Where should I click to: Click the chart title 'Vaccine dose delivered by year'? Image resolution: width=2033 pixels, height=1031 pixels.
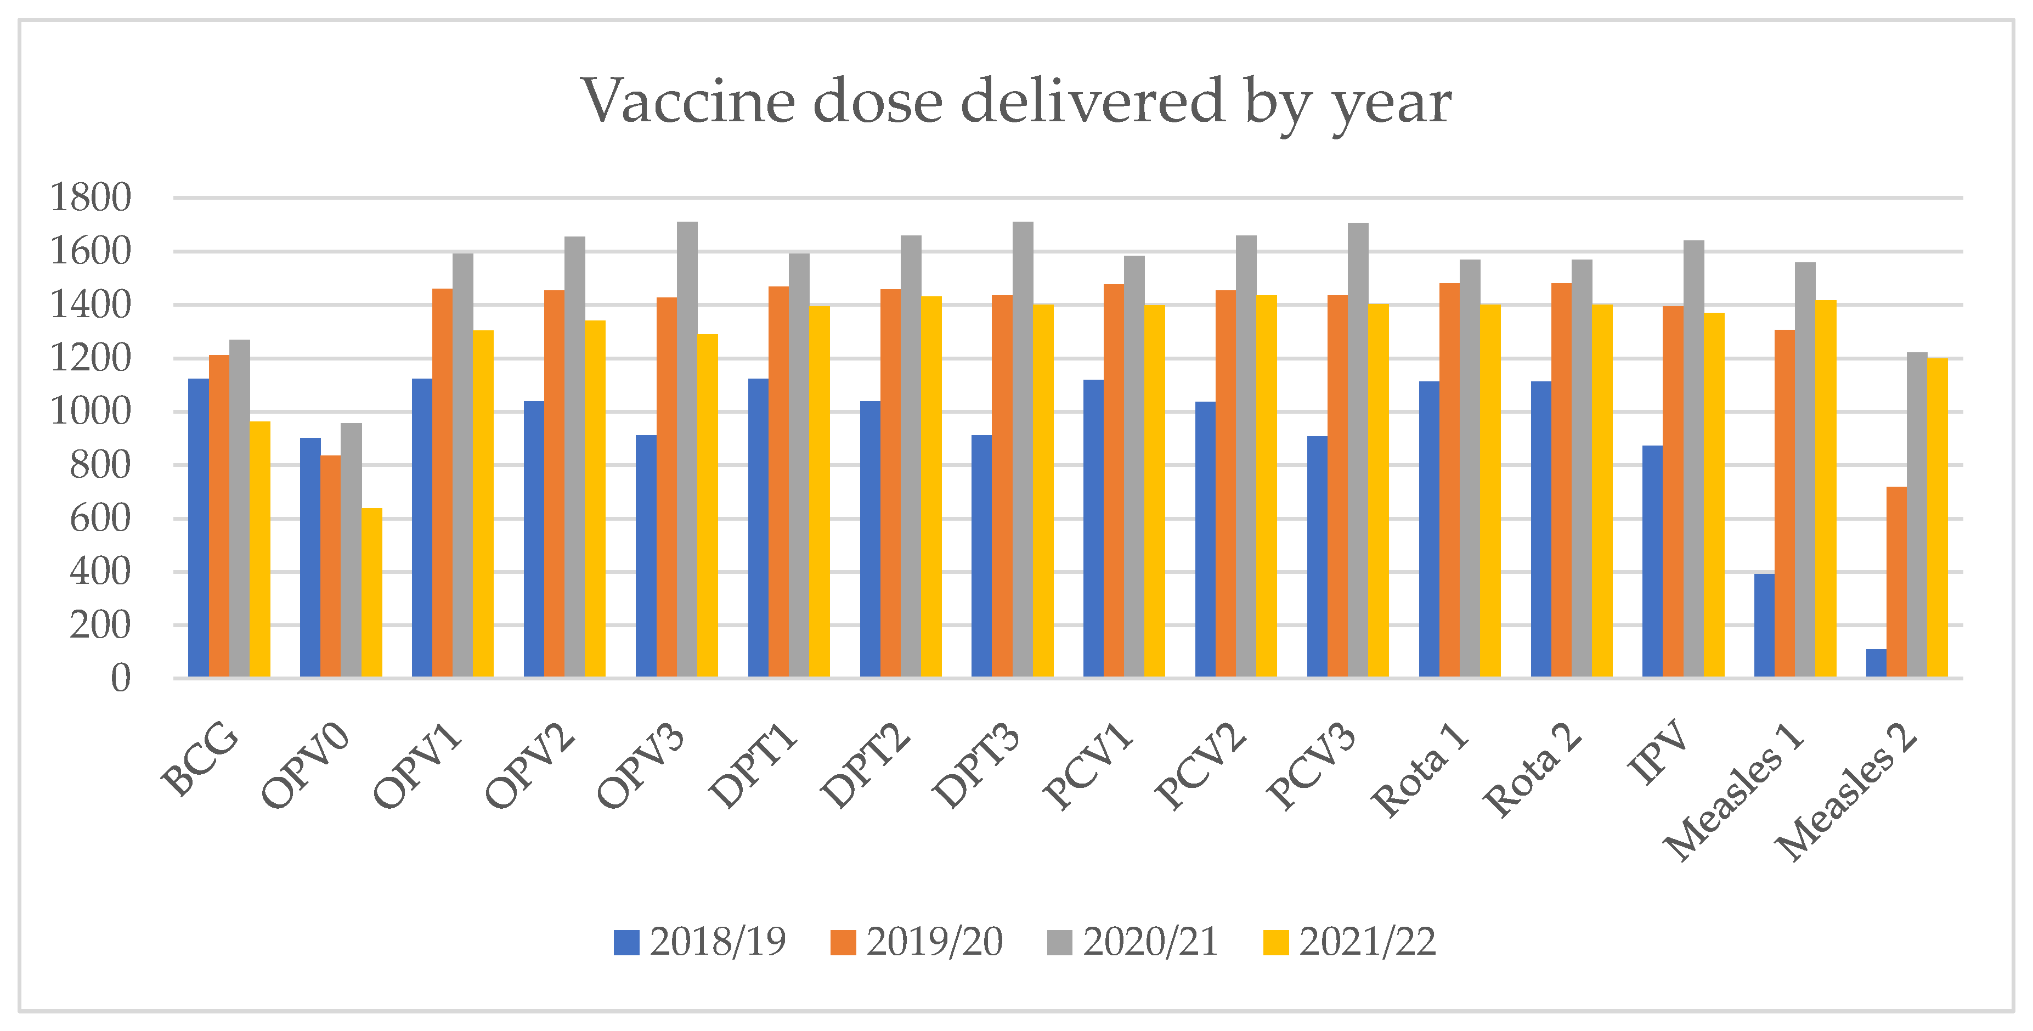pyautogui.click(x=1016, y=103)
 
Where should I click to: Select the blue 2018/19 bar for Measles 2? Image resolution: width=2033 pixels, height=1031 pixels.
pyautogui.click(x=1876, y=663)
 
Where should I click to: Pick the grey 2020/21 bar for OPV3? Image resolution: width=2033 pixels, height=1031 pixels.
pyautogui.click(x=687, y=450)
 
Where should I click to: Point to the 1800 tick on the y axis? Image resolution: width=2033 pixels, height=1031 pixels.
pyautogui.click(x=91, y=198)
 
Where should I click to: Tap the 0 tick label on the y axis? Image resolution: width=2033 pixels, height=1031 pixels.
pyautogui.click(x=120, y=679)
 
